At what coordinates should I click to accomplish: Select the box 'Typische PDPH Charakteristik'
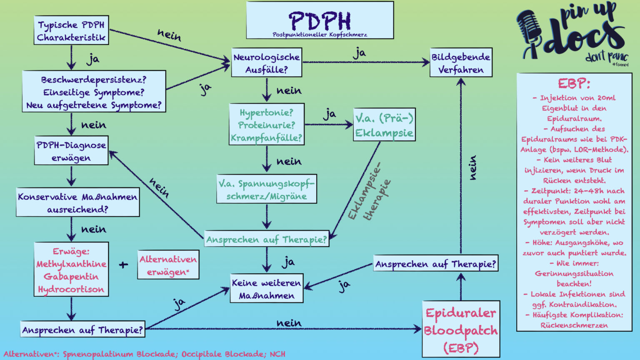71,31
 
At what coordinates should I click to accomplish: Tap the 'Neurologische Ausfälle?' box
267,63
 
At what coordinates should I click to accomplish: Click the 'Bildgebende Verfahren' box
461,63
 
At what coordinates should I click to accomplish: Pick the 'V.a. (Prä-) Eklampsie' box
384,125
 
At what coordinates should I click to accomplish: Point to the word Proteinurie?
267,125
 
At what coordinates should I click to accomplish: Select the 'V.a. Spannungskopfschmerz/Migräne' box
267,190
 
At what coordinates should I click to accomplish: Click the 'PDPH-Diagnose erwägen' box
71,151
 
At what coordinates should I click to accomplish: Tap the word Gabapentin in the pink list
71,277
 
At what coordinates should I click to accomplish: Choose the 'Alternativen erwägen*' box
168,265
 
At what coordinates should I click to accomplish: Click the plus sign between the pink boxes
123,265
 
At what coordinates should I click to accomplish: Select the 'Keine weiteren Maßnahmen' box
267,289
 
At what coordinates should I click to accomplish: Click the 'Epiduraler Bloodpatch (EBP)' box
461,330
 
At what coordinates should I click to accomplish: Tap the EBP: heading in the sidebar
574,84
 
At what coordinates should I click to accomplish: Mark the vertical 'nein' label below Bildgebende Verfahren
472,168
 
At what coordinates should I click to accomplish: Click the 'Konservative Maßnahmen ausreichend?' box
77,202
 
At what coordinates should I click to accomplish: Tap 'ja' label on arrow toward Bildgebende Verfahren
359,53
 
